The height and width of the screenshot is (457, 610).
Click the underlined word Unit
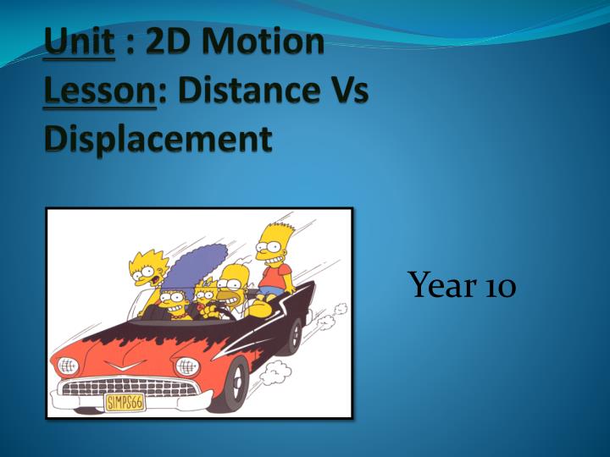[80, 41]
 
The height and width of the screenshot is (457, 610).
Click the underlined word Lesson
[100, 90]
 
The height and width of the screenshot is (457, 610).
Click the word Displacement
[158, 140]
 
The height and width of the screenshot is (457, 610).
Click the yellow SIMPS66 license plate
[125, 403]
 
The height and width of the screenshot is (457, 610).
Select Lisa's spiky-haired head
[148, 267]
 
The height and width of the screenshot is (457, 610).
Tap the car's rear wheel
[296, 336]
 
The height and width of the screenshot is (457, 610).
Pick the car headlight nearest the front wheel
[187, 366]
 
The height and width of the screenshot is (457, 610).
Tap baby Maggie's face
[204, 295]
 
